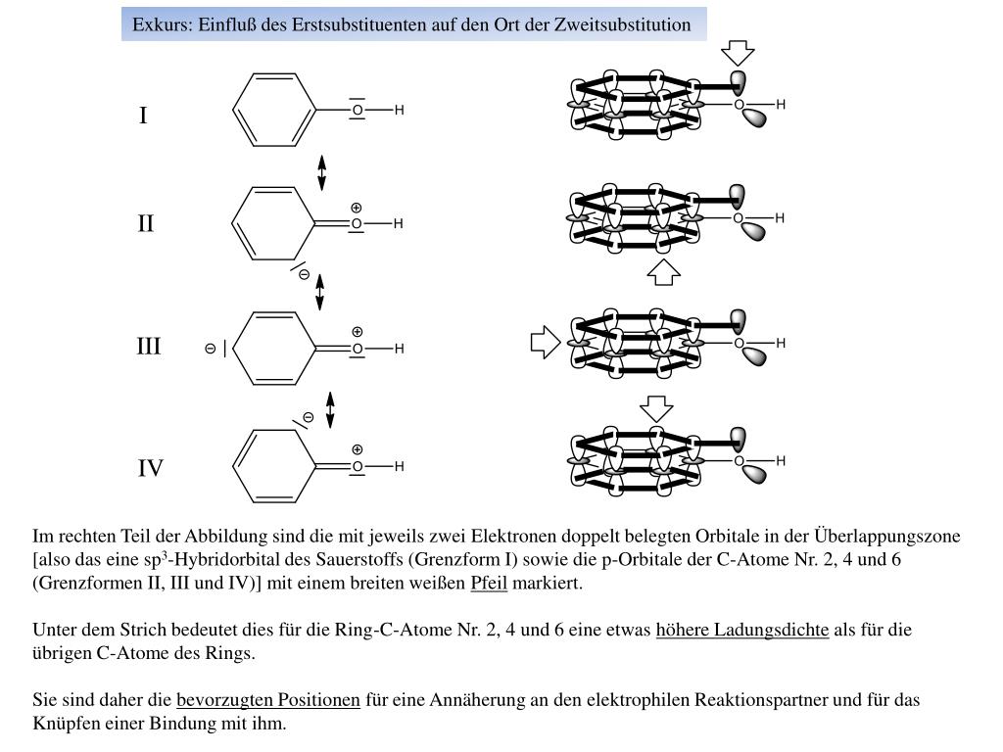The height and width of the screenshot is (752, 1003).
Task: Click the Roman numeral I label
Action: [x=143, y=117]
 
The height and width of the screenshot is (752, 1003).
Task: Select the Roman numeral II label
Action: [x=146, y=224]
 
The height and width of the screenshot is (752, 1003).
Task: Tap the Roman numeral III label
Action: [x=149, y=347]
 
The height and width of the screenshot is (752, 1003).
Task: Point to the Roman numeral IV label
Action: [x=150, y=469]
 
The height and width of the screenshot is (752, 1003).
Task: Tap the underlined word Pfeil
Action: [x=488, y=584]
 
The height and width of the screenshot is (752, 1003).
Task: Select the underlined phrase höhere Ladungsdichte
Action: [x=742, y=630]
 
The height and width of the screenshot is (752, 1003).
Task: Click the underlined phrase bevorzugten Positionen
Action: [x=268, y=700]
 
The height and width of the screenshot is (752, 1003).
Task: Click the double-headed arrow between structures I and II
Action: [x=321, y=172]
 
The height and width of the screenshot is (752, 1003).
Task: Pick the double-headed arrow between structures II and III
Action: [x=320, y=292]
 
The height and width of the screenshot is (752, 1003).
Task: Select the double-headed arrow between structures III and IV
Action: [x=330, y=409]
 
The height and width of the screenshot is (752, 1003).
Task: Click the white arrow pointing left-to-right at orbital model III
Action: [x=545, y=342]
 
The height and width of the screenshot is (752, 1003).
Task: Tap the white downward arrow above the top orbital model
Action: [x=737, y=53]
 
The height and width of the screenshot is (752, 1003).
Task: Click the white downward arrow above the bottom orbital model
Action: [x=656, y=407]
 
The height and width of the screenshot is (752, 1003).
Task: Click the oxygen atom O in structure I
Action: [x=358, y=111]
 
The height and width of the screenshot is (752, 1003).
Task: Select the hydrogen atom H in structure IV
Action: [x=400, y=467]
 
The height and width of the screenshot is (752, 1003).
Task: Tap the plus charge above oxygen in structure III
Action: [x=358, y=332]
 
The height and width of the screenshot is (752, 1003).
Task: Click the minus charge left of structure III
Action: [x=210, y=349]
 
